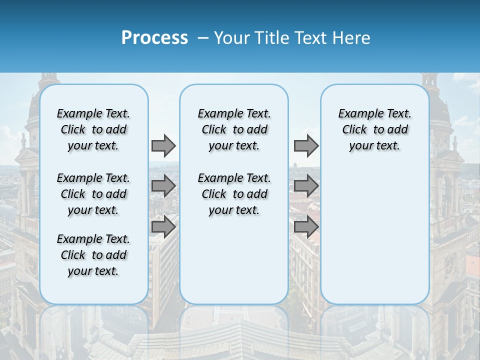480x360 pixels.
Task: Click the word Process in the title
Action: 154,38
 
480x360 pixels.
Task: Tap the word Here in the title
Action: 351,38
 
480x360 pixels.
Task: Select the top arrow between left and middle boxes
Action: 163,145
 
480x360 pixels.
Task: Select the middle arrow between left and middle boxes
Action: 163,186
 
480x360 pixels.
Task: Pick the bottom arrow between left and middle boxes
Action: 163,226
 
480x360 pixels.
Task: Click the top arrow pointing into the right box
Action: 306,145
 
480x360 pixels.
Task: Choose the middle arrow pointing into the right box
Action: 306,186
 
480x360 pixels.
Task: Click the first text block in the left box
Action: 93,129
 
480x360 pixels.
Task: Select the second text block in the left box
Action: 93,194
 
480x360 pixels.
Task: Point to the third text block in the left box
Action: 93,255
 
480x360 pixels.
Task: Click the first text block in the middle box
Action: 234,129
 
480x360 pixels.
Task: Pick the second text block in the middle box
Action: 234,194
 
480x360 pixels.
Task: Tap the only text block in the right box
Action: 374,129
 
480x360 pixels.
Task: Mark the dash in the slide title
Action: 203,38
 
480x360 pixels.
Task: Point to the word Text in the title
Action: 308,38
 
